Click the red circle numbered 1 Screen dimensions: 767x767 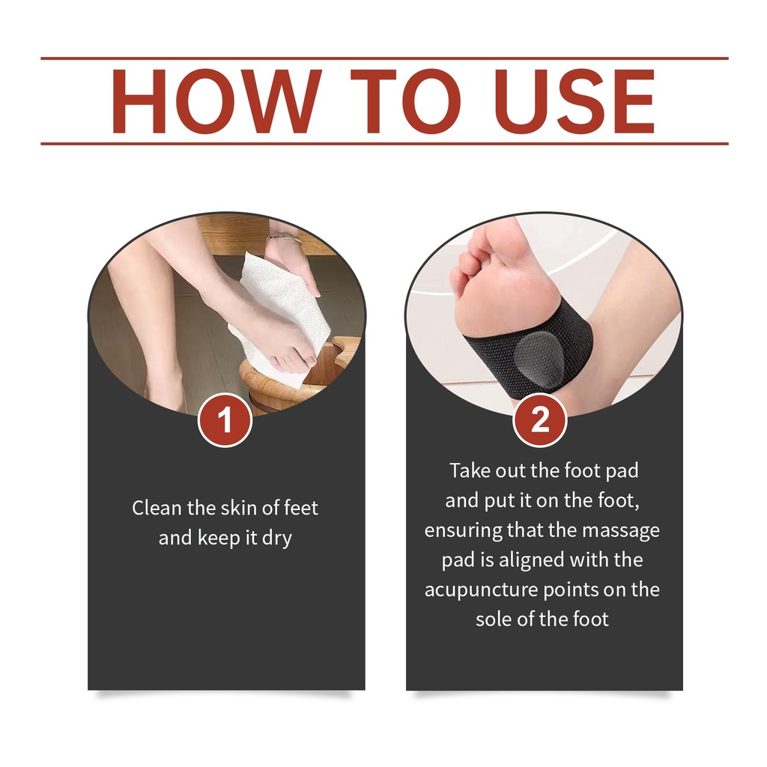tap(225, 420)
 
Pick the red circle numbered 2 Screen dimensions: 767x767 tap(540, 419)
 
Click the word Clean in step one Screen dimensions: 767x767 tap(157, 508)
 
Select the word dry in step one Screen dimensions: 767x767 tap(277, 539)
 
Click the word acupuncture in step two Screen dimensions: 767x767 tap(481, 590)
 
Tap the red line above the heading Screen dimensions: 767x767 tap(384, 58)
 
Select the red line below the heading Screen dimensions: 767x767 tap(384, 144)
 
